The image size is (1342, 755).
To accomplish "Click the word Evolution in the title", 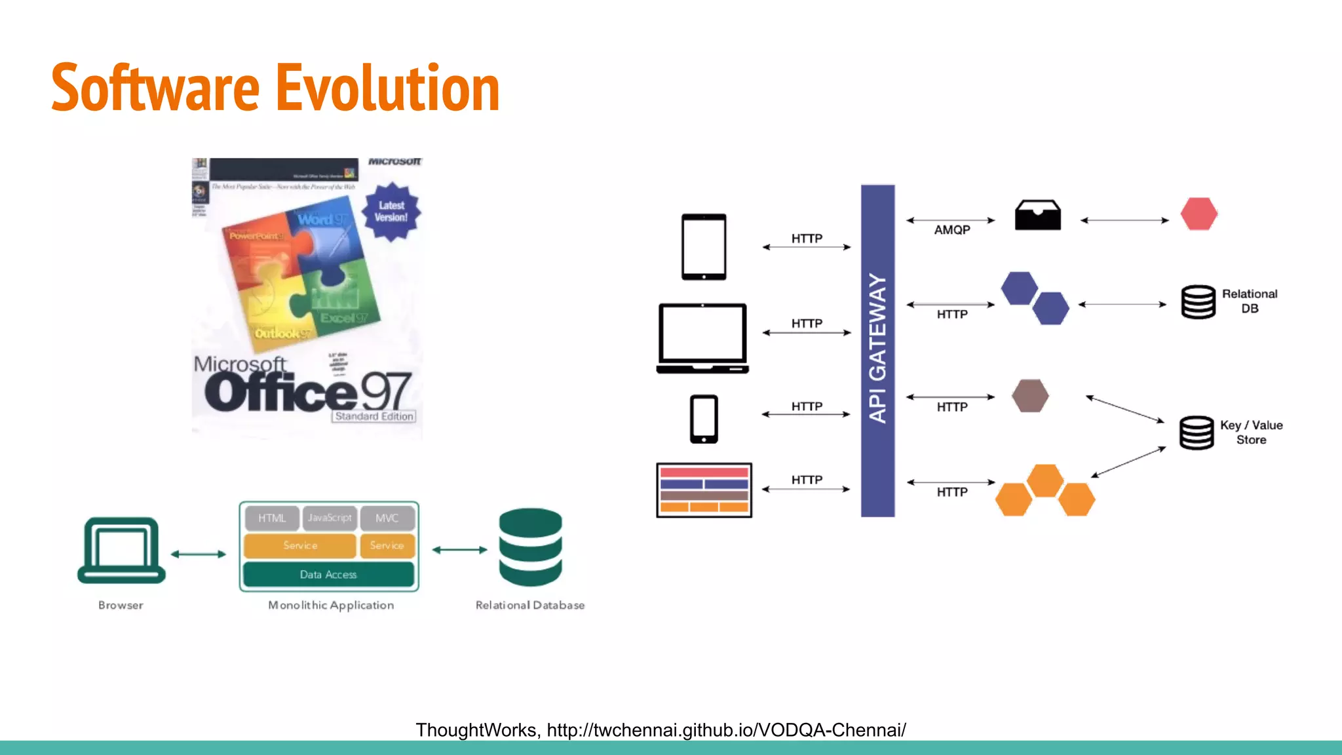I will (387, 88).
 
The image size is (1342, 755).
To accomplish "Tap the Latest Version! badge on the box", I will (391, 212).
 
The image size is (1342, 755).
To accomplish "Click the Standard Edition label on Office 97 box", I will (374, 416).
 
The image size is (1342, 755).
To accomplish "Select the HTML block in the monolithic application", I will (272, 518).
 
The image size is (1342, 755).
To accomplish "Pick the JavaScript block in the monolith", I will (330, 518).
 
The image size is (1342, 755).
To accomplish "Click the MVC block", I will (387, 518).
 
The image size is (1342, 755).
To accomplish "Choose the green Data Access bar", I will (328, 574).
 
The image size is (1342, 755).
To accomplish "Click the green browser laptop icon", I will (121, 551).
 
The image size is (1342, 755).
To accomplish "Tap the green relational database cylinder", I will (530, 547).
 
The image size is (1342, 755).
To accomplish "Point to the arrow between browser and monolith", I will (199, 554).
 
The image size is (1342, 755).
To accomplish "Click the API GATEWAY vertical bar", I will (877, 351).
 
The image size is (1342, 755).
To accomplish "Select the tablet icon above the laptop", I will (704, 246).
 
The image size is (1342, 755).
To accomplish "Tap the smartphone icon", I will (704, 419).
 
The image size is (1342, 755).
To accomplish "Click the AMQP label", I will (952, 230).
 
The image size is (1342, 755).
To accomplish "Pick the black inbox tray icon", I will (1038, 215).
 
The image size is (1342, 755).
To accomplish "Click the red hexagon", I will (1199, 214).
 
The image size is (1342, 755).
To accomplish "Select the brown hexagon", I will (1030, 396).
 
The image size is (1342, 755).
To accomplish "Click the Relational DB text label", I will (1250, 301).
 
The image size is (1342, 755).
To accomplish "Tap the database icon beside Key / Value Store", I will (1197, 433).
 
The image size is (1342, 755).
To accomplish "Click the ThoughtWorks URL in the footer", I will (726, 730).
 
